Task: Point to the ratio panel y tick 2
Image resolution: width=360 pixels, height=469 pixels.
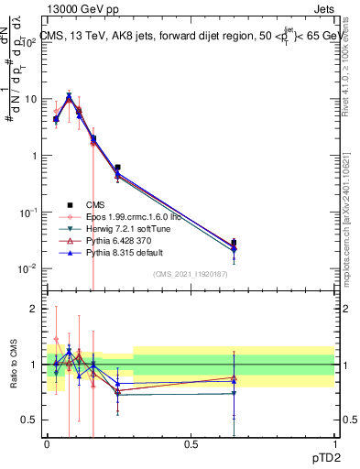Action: (x=34, y=309)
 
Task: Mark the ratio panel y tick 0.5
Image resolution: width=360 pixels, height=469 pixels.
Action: (x=30, y=420)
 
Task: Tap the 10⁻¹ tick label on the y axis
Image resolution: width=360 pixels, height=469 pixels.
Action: (x=27, y=212)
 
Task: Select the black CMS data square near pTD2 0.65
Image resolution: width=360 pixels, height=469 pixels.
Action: (x=234, y=243)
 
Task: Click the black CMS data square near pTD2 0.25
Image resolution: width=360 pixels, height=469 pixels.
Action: (x=118, y=168)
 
